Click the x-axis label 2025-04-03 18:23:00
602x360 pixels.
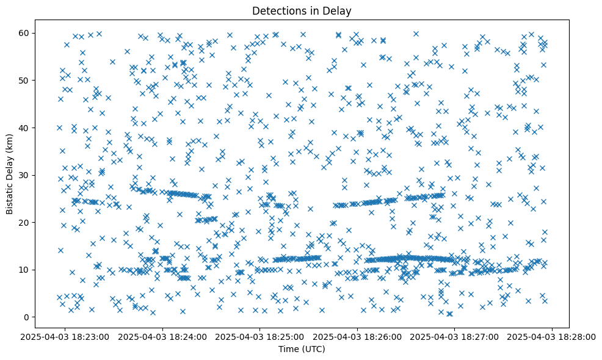pos(66,337)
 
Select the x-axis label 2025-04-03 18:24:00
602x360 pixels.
pos(163,337)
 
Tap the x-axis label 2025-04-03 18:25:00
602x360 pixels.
pos(260,337)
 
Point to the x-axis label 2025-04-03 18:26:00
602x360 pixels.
pos(357,337)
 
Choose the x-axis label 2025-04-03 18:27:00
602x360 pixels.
pos(454,337)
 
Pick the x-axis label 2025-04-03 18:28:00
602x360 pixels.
pos(552,337)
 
